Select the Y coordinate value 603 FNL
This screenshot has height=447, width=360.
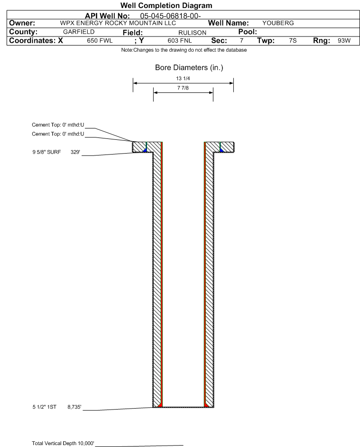(x=180, y=41)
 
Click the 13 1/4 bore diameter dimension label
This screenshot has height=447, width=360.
(x=184, y=78)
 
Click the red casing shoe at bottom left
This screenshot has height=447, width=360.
(x=160, y=404)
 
